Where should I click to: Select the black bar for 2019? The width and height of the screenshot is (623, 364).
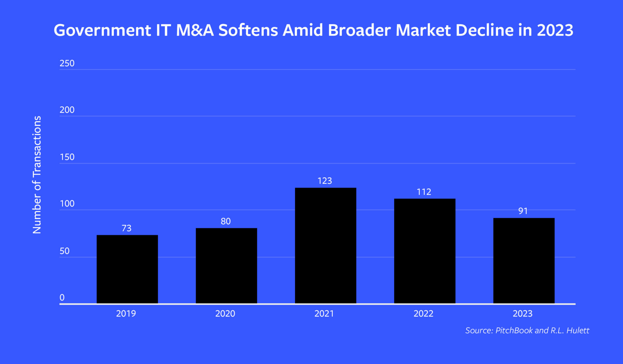pyautogui.click(x=127, y=269)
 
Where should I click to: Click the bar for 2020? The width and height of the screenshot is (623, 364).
pyautogui.click(x=226, y=265)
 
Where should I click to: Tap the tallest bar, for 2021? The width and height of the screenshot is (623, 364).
pyautogui.click(x=325, y=245)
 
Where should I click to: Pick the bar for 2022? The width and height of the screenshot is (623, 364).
pyautogui.click(x=425, y=251)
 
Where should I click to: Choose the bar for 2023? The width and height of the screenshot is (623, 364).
pyautogui.click(x=524, y=261)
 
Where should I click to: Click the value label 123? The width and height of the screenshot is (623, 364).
pyautogui.click(x=325, y=181)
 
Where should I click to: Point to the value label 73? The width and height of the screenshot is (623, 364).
pyautogui.click(x=127, y=228)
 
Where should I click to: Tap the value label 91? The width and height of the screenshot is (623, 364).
pyautogui.click(x=523, y=211)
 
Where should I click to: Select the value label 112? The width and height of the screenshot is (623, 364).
pyautogui.click(x=424, y=192)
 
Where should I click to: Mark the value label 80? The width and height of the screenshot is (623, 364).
pyautogui.click(x=225, y=221)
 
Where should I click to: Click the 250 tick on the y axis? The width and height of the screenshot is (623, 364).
pyautogui.click(x=67, y=63)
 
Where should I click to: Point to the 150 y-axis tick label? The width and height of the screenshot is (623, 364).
pyautogui.click(x=67, y=157)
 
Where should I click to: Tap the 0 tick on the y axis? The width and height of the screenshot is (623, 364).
pyautogui.click(x=62, y=297)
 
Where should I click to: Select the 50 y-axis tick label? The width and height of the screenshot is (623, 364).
pyautogui.click(x=64, y=251)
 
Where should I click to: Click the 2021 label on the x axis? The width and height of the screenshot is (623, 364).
pyautogui.click(x=324, y=313)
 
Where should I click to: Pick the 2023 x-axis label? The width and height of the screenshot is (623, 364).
pyautogui.click(x=522, y=313)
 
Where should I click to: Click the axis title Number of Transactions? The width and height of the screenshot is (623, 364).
pyautogui.click(x=37, y=175)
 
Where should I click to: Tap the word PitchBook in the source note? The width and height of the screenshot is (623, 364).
pyautogui.click(x=514, y=330)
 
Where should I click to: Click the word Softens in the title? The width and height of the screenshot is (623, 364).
pyautogui.click(x=248, y=30)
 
